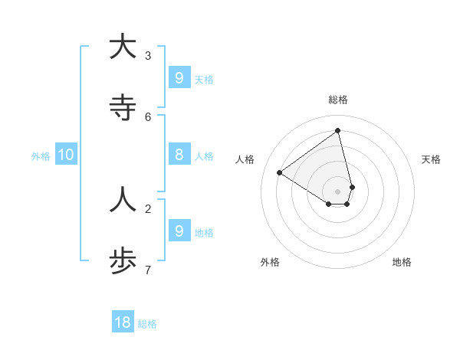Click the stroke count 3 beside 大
[148, 55]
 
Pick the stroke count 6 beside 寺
[148, 116]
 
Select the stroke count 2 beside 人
[148, 208]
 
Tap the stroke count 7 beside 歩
[148, 270]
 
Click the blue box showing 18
[123, 322]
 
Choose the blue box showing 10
[66, 155]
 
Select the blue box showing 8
[179, 155]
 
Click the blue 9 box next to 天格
[179, 77]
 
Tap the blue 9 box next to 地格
[179, 231]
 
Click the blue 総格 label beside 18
[147, 324]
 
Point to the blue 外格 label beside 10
[41, 156]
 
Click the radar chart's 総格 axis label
[337, 100]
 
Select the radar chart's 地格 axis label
[402, 262]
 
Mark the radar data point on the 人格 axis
[280, 172]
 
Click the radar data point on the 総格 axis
[337, 131]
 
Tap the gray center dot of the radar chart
[337, 191]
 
